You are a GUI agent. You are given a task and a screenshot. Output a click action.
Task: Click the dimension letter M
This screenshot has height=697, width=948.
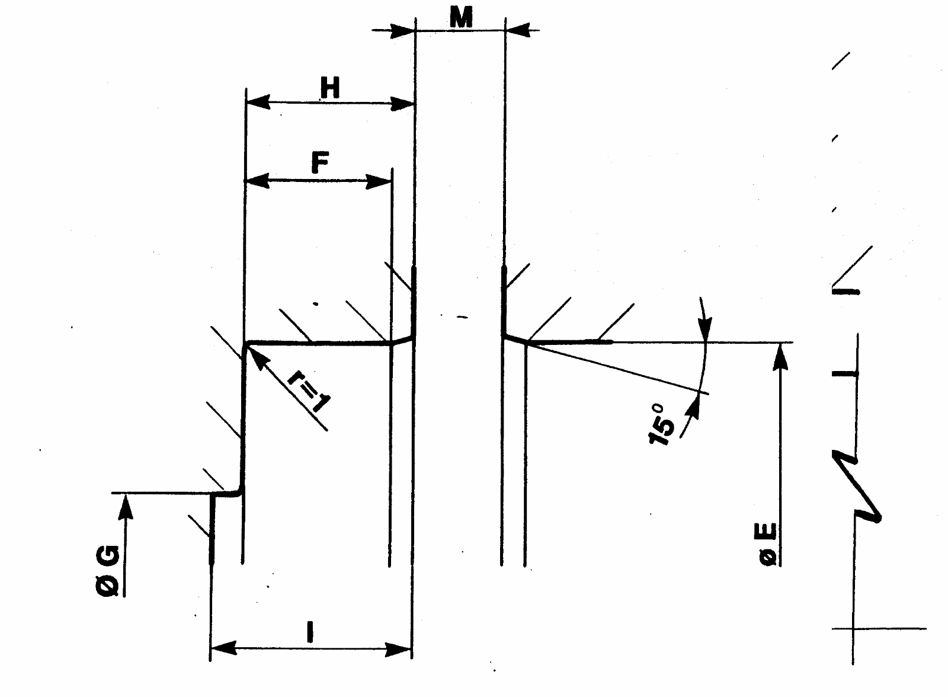[x=461, y=18]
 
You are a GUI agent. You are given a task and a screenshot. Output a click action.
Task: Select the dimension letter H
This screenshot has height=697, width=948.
[x=330, y=88]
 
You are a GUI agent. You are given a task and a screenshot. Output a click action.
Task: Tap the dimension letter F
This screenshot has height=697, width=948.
[x=320, y=162]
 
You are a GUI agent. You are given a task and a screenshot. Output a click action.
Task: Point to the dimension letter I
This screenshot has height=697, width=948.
[x=310, y=632]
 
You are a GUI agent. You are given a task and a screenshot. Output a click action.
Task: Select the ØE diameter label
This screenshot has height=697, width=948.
[x=767, y=544]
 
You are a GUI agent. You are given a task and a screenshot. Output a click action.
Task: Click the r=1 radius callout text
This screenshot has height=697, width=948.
[x=309, y=391]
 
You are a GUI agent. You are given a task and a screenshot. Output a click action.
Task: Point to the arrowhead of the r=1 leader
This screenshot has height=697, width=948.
[x=255, y=356]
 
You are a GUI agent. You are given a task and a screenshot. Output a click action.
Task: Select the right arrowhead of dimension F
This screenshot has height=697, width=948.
[x=379, y=181]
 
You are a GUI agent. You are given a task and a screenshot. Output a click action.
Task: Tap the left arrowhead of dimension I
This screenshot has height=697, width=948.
[x=223, y=648]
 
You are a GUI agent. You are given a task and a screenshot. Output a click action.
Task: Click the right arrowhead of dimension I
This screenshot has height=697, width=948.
[x=398, y=649]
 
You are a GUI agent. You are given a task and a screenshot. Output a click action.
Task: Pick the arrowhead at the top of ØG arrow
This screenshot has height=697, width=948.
[x=125, y=507]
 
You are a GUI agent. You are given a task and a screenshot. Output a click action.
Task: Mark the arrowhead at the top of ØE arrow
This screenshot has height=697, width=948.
[x=780, y=357]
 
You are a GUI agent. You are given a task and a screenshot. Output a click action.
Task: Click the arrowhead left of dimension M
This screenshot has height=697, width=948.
[x=401, y=30]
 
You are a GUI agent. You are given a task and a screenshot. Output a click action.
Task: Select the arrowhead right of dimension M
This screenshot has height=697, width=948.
[x=518, y=30]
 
